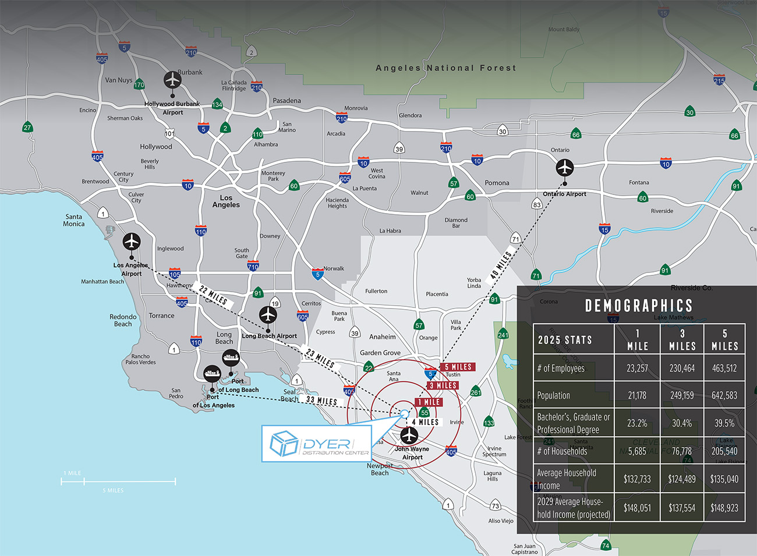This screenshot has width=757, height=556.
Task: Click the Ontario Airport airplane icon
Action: point(564,168)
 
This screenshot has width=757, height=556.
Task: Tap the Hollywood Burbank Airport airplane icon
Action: point(172,80)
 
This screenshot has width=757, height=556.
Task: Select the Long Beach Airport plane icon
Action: point(268,315)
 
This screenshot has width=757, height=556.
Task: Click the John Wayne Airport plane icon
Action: point(409,435)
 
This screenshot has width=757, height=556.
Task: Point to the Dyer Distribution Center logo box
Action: point(317,444)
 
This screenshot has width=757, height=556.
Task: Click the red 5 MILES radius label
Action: point(458,367)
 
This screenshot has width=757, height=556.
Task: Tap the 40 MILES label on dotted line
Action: point(501,265)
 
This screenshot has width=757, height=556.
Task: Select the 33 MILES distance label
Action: point(321,401)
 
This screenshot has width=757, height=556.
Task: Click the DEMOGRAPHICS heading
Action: point(638,306)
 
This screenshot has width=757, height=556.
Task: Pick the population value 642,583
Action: point(724,395)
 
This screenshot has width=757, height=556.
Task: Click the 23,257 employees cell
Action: point(637,369)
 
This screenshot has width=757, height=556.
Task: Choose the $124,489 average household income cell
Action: point(682,479)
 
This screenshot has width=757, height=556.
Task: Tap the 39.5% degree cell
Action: point(724,423)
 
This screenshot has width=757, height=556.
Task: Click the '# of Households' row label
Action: point(562,451)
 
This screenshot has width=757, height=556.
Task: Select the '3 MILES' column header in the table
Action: point(682,339)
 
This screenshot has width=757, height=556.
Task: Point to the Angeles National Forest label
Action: point(445,68)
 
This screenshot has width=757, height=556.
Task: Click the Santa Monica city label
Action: point(73,220)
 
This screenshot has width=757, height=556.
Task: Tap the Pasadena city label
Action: point(286,101)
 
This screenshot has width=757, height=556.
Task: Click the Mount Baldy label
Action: point(564,29)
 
